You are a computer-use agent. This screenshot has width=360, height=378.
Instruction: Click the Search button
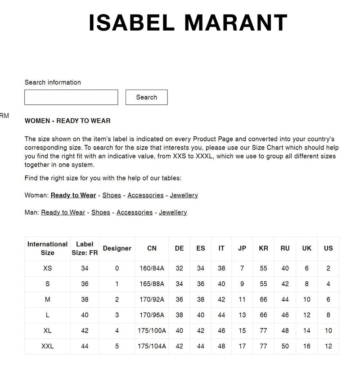[146, 97]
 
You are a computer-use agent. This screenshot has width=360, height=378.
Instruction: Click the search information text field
[71, 97]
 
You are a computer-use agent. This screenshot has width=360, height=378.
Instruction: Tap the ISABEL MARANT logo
[188, 22]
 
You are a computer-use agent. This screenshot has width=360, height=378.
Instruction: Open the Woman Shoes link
[112, 195]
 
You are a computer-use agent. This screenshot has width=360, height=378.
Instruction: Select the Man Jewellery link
[173, 212]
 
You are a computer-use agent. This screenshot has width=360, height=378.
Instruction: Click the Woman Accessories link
[145, 195]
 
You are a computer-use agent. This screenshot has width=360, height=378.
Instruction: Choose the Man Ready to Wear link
[63, 212]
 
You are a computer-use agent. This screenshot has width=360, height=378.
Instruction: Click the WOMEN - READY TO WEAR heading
[67, 121]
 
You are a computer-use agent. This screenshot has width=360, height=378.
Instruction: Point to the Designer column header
[117, 248]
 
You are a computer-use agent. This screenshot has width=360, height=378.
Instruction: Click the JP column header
[242, 248]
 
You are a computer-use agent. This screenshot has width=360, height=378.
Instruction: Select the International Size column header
[47, 248]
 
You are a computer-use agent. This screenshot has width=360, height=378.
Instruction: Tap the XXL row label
[47, 346]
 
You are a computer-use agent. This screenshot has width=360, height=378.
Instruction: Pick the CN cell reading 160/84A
[152, 269]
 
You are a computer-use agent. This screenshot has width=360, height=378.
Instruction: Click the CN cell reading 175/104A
[152, 346]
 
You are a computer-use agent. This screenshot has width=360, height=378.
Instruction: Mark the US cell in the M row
[328, 300]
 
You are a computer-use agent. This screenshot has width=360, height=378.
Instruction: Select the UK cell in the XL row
[306, 331]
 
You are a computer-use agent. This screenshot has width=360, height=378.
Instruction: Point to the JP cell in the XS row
[242, 269]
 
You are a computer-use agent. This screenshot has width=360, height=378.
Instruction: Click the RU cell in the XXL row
[285, 346]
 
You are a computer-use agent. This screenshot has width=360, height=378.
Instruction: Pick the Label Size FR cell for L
[85, 315]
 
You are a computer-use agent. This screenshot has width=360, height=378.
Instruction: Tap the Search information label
[53, 82]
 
